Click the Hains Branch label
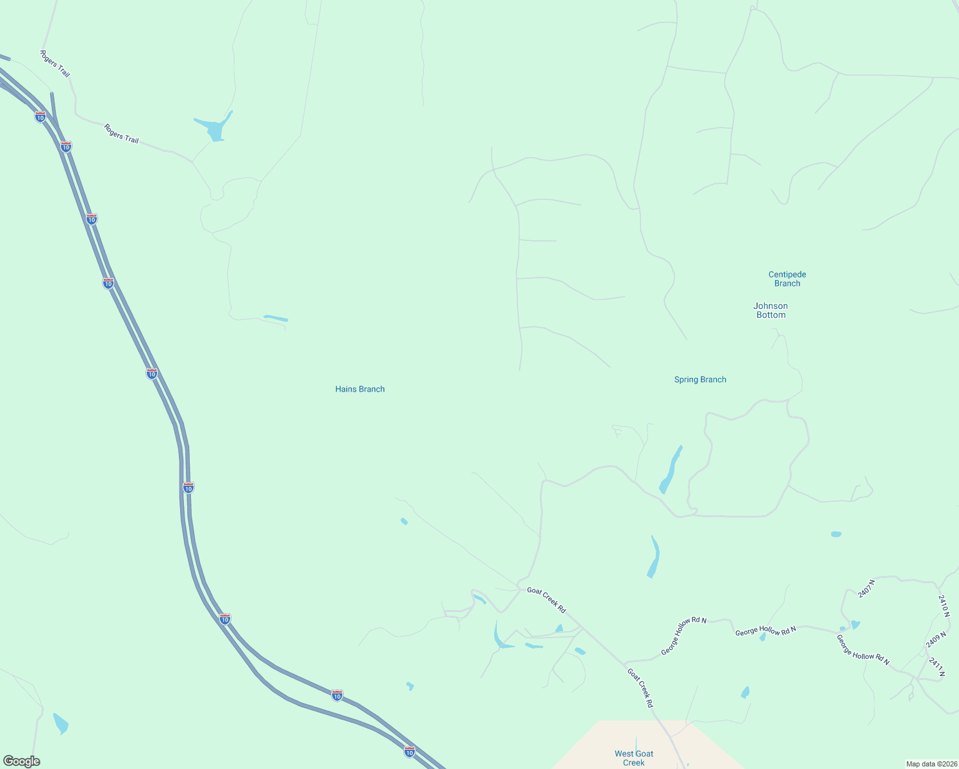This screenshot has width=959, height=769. pyautogui.click(x=360, y=389)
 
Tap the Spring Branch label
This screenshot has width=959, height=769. pyautogui.click(x=700, y=379)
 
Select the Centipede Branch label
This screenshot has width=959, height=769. pyautogui.click(x=787, y=279)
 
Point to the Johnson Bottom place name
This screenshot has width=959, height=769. pyautogui.click(x=771, y=310)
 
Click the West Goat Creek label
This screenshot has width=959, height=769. pyautogui.click(x=633, y=758)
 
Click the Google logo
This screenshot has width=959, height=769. pyautogui.click(x=21, y=761)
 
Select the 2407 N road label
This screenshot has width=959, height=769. pyautogui.click(x=866, y=588)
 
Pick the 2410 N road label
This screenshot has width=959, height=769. pyautogui.click(x=943, y=606)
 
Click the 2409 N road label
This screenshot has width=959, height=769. pyautogui.click(x=936, y=640)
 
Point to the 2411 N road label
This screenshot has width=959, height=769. pyautogui.click(x=937, y=666)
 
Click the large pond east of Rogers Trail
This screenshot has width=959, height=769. pyautogui.click(x=215, y=129)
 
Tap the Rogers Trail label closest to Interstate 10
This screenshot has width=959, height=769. pyautogui.click(x=55, y=64)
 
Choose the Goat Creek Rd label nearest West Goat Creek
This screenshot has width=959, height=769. pyautogui.click(x=640, y=688)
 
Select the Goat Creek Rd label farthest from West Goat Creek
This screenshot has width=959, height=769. pyautogui.click(x=546, y=599)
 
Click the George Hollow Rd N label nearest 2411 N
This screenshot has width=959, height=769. pyautogui.click(x=862, y=650)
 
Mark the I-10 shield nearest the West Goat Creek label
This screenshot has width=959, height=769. pyautogui.click(x=410, y=751)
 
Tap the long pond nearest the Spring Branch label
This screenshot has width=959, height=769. pyautogui.click(x=670, y=470)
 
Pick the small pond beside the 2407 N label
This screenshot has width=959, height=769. pyautogui.click(x=855, y=624)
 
